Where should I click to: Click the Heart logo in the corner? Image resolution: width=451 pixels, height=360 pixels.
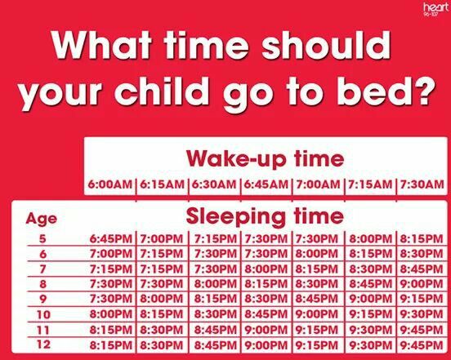[x=435, y=10]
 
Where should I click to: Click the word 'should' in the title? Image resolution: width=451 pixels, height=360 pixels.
[x=326, y=45]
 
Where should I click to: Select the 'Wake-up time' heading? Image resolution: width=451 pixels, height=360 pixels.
[x=265, y=159]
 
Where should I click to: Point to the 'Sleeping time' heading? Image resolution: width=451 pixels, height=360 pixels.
[x=265, y=216]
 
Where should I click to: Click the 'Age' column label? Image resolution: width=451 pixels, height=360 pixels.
[x=42, y=220]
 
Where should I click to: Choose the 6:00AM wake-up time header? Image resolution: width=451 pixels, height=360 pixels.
[x=109, y=184]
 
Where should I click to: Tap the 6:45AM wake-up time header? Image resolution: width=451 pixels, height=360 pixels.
[x=266, y=184]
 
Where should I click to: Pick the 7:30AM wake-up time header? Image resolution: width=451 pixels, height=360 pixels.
[x=422, y=184]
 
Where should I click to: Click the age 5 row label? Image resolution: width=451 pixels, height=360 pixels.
[x=42, y=238]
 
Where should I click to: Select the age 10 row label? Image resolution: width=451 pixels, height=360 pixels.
[x=43, y=314]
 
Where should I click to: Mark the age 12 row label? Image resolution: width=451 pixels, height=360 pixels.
[x=43, y=344]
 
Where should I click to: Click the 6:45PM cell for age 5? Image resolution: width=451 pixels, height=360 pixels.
[x=111, y=238]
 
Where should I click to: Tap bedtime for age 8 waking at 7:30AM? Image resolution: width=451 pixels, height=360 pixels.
[x=422, y=284]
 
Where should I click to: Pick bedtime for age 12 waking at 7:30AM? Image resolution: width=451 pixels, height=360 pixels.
[x=422, y=344]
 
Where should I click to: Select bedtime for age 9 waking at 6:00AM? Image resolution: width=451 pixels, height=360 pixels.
[x=111, y=299]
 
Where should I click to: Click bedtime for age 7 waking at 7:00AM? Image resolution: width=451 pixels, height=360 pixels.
[x=317, y=269]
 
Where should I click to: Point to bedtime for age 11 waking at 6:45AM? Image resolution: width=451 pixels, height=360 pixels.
[x=266, y=330]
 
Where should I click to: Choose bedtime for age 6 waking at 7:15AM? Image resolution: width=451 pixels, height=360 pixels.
[x=371, y=254]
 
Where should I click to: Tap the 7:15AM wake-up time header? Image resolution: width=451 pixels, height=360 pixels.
[x=370, y=184]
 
